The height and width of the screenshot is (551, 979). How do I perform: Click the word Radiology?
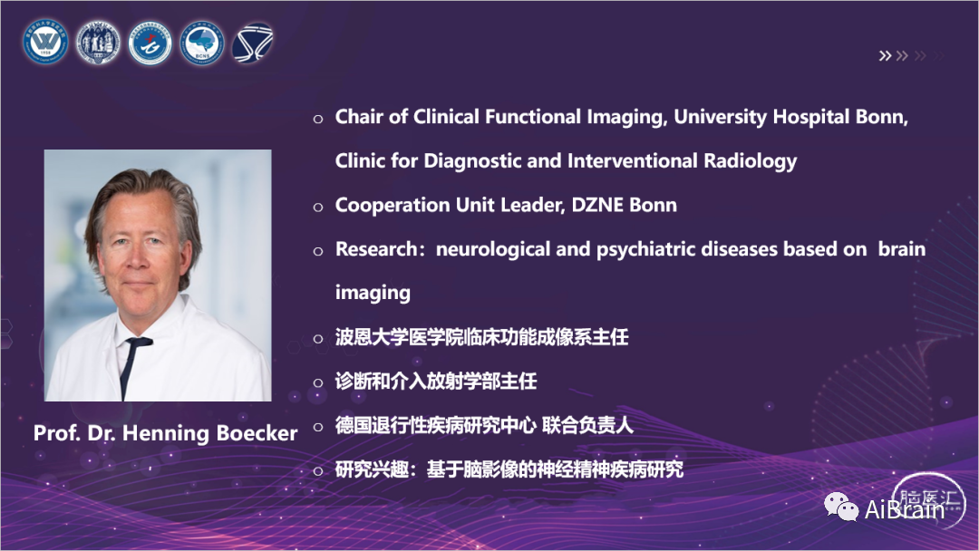(x=750, y=161)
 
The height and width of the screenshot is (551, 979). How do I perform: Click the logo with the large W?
(x=45, y=43)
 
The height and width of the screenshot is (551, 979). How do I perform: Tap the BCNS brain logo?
(x=201, y=43)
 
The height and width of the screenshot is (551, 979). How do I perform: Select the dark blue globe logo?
(x=252, y=43)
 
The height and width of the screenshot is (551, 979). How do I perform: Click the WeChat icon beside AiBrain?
(x=841, y=507)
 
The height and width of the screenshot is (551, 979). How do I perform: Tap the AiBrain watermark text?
(x=904, y=510)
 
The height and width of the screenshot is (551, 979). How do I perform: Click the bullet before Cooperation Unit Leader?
(x=318, y=207)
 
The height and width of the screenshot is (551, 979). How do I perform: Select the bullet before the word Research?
(x=318, y=251)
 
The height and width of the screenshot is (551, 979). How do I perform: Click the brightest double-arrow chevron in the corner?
(x=885, y=55)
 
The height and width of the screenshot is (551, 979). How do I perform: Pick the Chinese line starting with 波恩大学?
(x=481, y=338)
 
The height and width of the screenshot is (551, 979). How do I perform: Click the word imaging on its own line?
(x=373, y=294)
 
